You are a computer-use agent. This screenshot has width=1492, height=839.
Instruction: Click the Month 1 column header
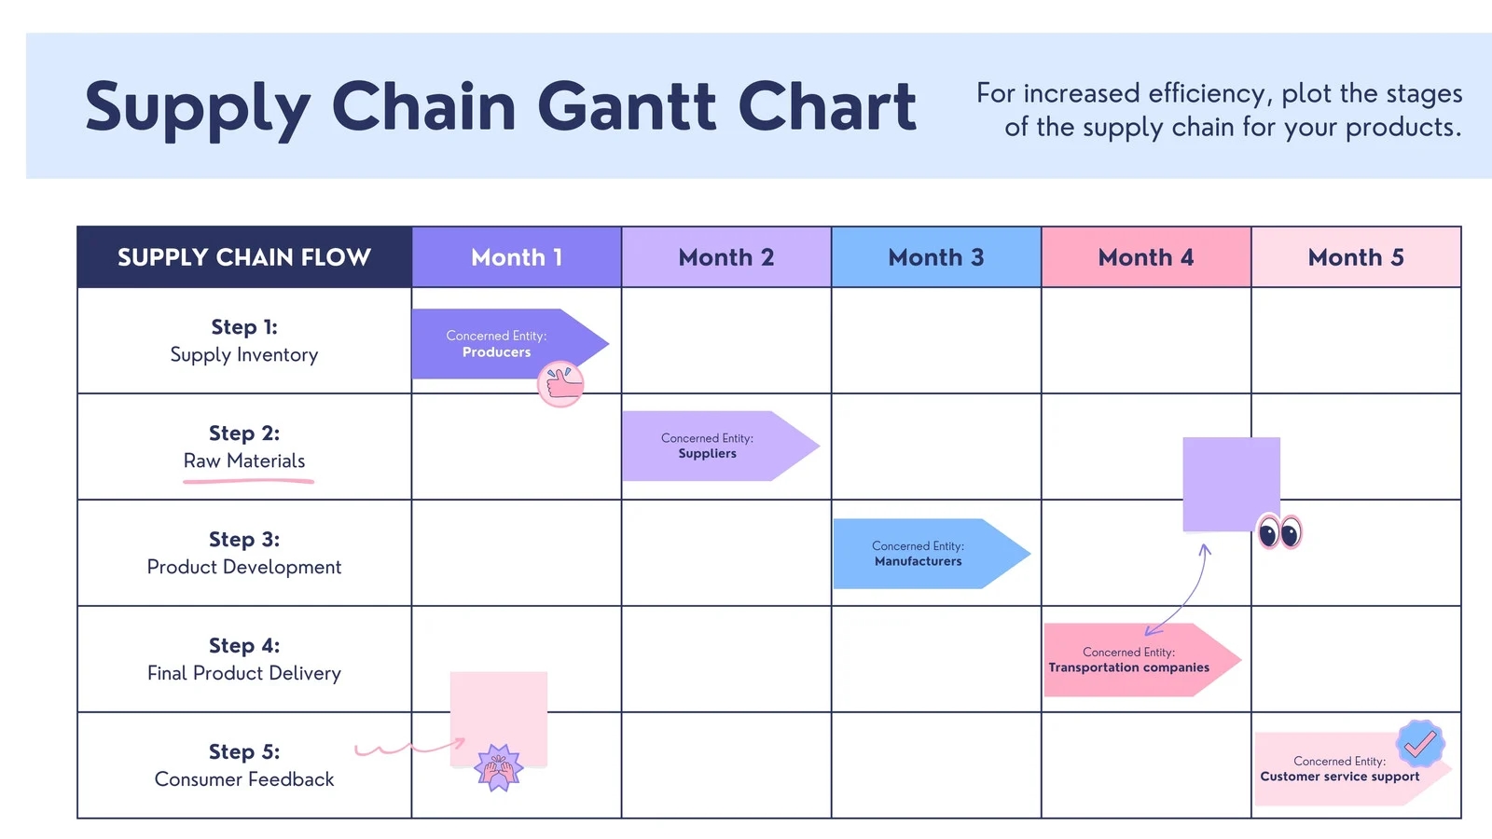coord(517,257)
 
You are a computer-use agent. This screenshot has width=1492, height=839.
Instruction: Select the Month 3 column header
coord(935,257)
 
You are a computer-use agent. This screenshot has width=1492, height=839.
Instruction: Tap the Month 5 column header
coord(1355,257)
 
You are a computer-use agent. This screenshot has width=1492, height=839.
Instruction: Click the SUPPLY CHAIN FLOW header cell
coord(244,257)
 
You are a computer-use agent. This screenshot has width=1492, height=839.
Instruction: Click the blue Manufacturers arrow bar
coord(919,554)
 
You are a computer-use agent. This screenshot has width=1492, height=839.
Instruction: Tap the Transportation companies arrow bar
coord(1130,660)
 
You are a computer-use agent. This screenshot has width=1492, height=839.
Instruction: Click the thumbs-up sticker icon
coord(561,384)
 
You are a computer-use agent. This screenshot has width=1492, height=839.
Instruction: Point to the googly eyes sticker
coord(1279,533)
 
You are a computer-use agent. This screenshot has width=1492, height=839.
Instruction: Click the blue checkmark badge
coord(1420,743)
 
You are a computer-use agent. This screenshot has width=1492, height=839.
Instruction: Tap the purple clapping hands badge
coord(499,768)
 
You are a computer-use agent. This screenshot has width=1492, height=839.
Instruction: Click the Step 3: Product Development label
coord(244,554)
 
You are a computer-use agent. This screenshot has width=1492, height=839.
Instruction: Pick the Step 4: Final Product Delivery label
coord(244,660)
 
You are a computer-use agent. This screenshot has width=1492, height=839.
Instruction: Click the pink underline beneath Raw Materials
coord(248,481)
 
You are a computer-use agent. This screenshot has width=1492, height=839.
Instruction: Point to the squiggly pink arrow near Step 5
coord(408,747)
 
